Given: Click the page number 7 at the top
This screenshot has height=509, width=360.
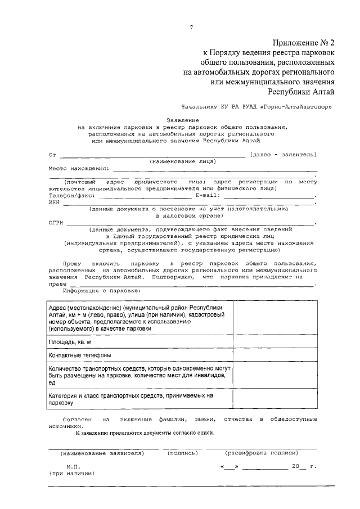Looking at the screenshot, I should click(191, 28).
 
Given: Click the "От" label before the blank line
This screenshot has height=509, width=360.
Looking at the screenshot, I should click(52, 155).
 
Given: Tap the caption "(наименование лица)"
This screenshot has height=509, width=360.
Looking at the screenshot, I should click(183, 161).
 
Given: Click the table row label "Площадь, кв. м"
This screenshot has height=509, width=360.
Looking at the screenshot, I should click(70, 342).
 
